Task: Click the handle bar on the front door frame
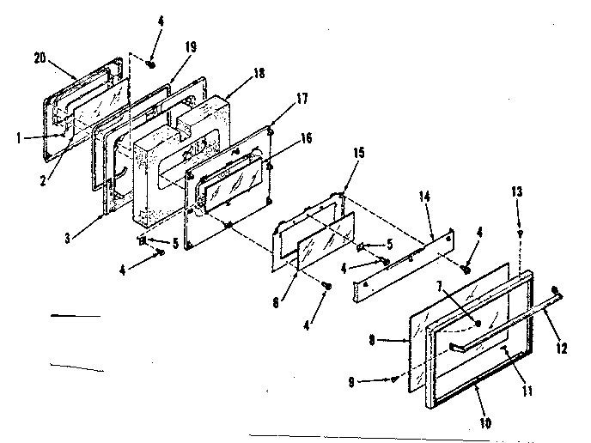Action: point(477,344)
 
